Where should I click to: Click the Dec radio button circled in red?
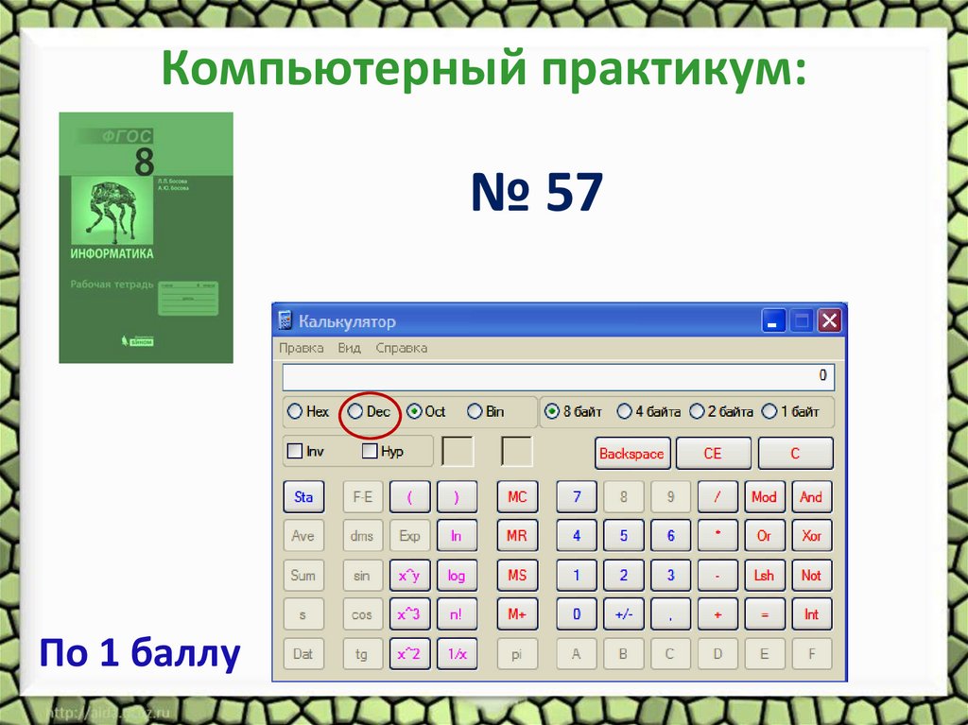pos(355,412)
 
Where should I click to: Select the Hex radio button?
pos(295,412)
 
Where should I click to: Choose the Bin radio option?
pos(475,412)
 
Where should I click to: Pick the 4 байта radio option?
pos(624,412)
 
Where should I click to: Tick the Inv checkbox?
pos(294,452)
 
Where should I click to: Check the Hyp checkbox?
pos(370,452)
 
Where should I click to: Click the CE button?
pos(713,454)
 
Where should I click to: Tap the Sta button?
pos(302,497)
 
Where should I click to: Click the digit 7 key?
pos(577,497)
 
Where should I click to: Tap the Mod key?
pos(764,497)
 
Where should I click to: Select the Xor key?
pos(811,536)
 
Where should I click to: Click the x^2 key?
pos(408,653)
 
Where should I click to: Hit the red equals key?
pos(764,614)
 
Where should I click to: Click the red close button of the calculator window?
pos(829,321)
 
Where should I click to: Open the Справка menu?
pos(401,348)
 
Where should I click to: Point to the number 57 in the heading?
pos(573,193)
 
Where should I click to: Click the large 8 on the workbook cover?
pos(144,162)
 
